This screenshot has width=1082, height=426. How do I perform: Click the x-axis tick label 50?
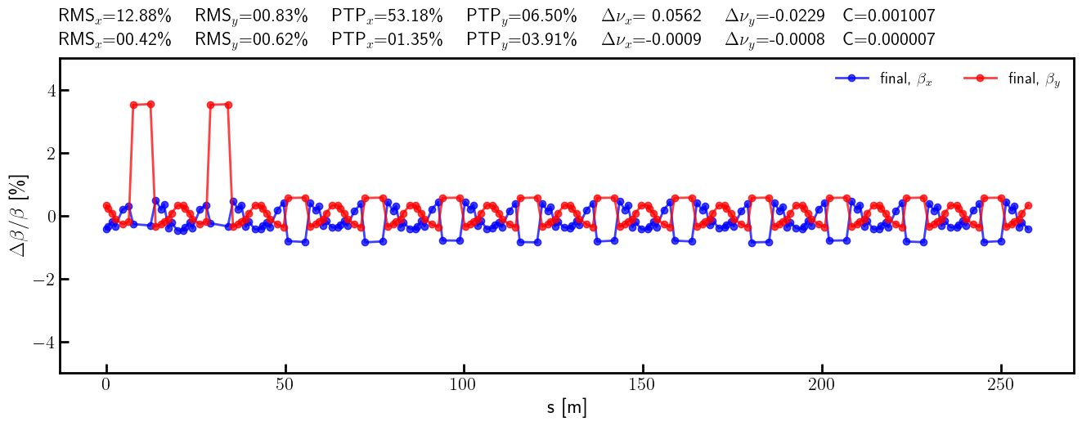tap(285, 386)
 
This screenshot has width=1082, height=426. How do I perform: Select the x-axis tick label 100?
tap(464, 386)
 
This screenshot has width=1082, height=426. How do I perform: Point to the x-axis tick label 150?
tap(643, 386)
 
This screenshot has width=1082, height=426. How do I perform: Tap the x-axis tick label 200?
tap(821, 386)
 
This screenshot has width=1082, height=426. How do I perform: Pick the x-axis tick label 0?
tap(106, 386)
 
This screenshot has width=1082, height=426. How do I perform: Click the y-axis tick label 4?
tap(41, 91)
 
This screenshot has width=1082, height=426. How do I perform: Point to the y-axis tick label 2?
tap(41, 154)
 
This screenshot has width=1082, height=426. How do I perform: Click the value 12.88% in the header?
tap(145, 16)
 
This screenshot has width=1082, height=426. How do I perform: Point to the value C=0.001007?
tap(888, 16)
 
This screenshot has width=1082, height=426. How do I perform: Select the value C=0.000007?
tap(888, 39)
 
